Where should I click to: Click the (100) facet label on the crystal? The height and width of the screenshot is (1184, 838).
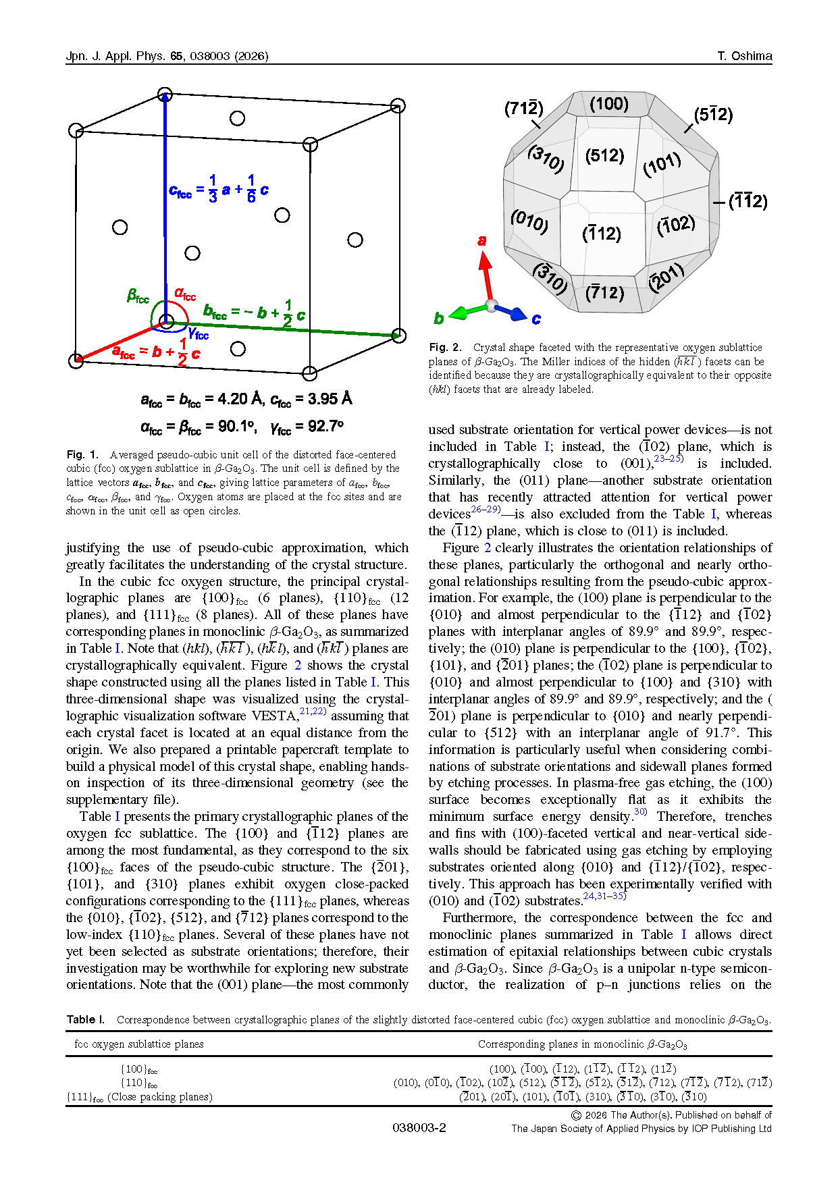tap(608, 104)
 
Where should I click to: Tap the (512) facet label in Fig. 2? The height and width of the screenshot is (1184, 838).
tap(604, 156)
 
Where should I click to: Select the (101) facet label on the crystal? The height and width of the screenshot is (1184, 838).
tap(662, 164)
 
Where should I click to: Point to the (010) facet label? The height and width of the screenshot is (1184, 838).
tap(529, 221)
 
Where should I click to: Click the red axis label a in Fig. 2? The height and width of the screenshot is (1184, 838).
tap(481, 240)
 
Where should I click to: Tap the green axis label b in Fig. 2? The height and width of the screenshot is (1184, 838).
tap(439, 318)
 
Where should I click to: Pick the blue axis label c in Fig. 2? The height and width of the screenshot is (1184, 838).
tap(536, 319)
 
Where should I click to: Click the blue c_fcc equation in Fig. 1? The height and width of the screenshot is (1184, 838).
tap(218, 190)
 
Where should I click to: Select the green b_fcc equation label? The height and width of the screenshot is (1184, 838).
tap(254, 313)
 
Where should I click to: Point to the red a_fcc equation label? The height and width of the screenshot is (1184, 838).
tap(156, 352)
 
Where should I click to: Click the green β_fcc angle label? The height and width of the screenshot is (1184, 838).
tap(138, 296)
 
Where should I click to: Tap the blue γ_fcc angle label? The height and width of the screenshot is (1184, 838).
tap(198, 333)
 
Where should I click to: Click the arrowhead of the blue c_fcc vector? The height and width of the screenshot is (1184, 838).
tap(165, 98)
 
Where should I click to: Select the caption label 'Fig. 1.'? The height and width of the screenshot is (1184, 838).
tap(82, 455)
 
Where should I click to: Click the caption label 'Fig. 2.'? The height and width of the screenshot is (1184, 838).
tap(445, 348)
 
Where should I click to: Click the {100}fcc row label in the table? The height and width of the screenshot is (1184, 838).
tap(139, 1069)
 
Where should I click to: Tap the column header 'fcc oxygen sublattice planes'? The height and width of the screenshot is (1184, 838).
tap(139, 1044)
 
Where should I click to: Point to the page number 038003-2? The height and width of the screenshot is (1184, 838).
tap(419, 1128)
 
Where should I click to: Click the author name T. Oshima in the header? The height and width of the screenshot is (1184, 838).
tap(744, 56)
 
